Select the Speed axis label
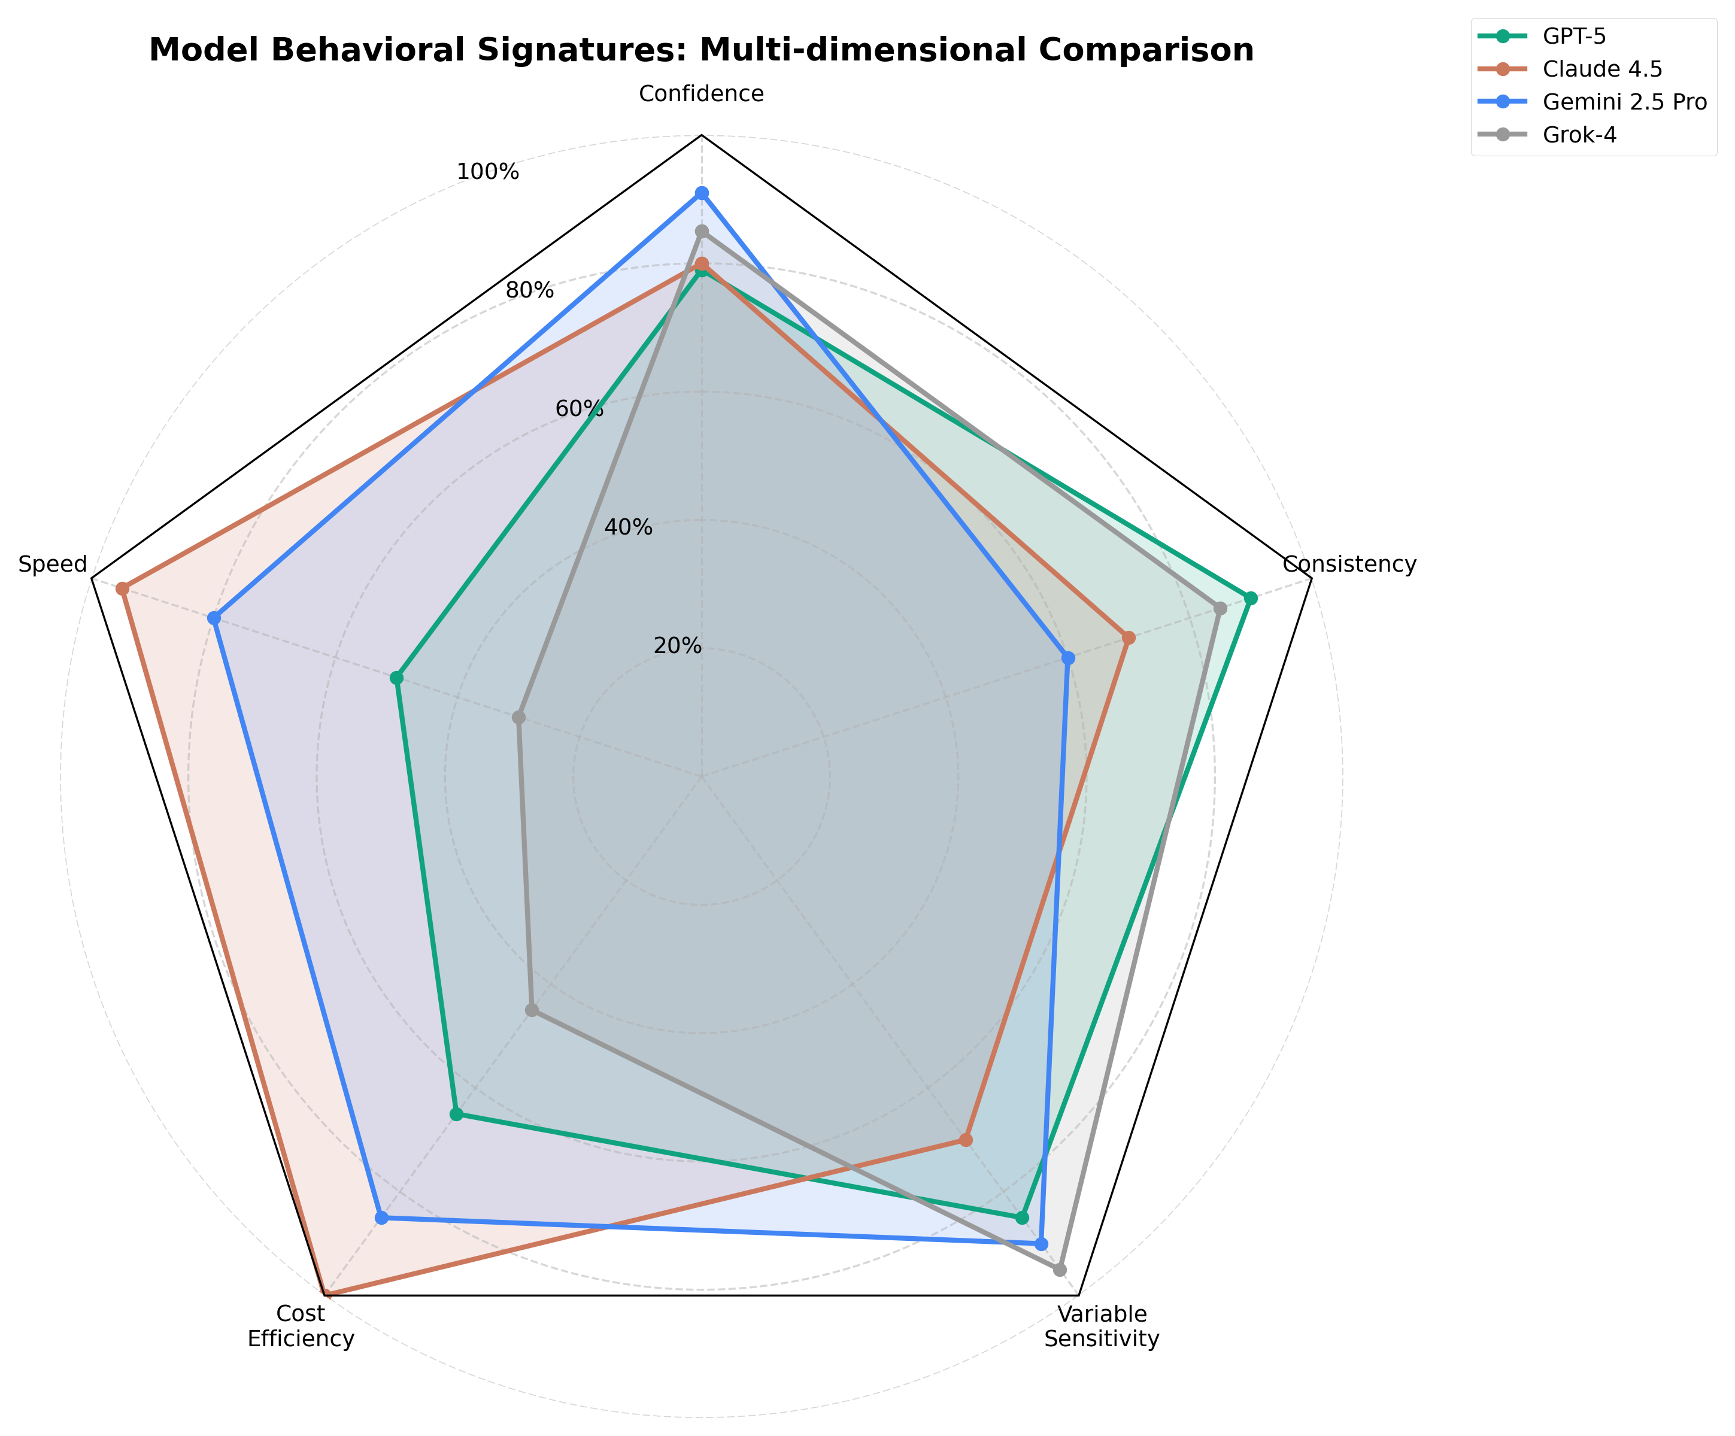[x=53, y=564]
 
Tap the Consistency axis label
[x=1349, y=564]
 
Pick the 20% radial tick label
[x=678, y=646]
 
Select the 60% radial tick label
[x=578, y=408]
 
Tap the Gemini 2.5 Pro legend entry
[x=1624, y=102]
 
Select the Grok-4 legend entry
[x=1579, y=135]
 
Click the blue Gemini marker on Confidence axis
[x=702, y=193]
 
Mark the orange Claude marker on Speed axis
[x=122, y=588]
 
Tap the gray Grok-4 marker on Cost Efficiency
[x=532, y=1010]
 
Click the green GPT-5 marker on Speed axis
[x=396, y=678]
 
